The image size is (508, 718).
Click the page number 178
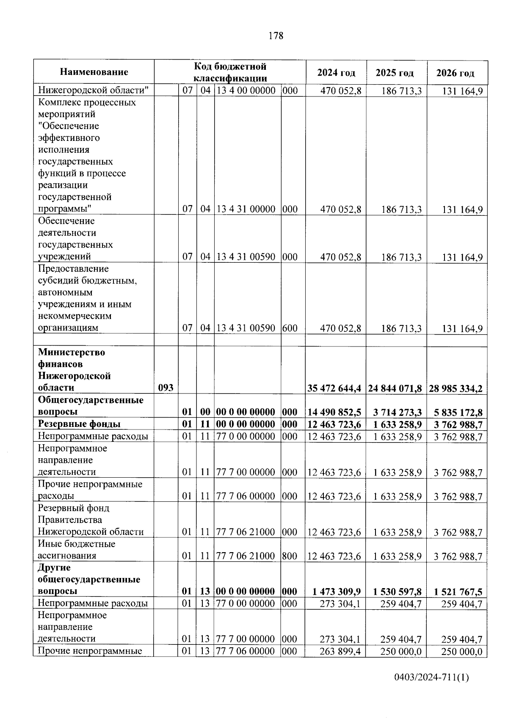point(276,36)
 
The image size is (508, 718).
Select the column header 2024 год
point(336,73)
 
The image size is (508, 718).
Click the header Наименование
point(94,72)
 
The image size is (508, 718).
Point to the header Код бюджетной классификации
point(230,72)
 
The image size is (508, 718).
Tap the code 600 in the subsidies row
point(290,328)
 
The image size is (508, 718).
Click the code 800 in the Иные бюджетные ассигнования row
point(290,556)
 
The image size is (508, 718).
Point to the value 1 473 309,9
point(337,591)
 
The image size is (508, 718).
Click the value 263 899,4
point(340,651)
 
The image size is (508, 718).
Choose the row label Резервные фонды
point(79,424)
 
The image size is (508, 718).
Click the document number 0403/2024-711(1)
point(431,677)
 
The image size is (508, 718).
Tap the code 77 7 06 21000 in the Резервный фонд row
point(246,532)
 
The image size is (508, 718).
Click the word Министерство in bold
point(72,352)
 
